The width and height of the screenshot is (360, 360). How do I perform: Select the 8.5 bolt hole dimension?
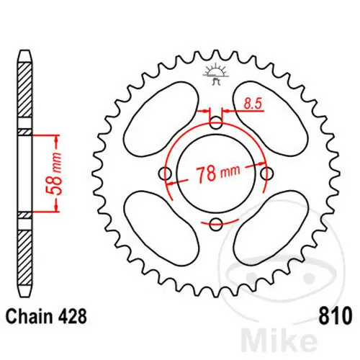pyautogui.click(x=251, y=104)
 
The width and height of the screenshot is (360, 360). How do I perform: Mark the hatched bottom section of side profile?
pyautogui.click(x=24, y=252)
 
